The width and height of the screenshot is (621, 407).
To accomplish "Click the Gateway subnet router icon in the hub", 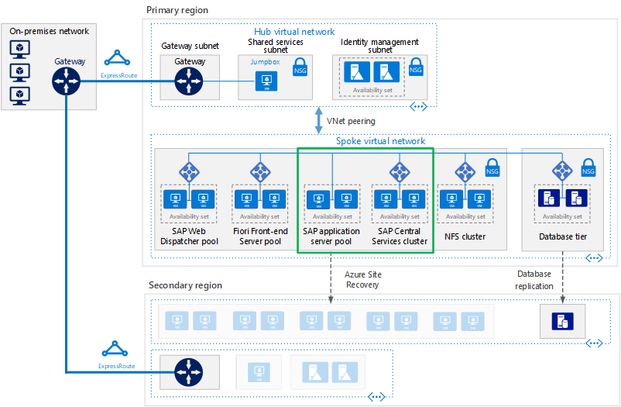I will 190,81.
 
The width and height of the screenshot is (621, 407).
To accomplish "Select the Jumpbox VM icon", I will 266,81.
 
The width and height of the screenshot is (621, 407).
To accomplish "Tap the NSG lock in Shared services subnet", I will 300,68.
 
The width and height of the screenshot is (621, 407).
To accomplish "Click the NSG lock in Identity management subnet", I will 416,68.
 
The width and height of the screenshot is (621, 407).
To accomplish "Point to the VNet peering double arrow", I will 319,121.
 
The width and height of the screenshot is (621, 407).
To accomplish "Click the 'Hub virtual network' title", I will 294,32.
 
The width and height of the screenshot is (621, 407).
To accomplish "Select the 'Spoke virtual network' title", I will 380,141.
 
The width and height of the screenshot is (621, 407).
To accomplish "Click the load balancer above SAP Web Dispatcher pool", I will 189,171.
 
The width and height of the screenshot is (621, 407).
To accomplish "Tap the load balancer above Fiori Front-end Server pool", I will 261,171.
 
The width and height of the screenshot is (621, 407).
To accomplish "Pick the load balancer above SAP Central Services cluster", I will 400,171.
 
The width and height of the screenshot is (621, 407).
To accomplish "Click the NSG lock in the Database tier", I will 588,169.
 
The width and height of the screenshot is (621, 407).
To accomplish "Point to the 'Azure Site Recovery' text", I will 362,280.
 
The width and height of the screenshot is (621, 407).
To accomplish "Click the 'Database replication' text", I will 534,280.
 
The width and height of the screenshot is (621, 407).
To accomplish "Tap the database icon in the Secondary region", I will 561,319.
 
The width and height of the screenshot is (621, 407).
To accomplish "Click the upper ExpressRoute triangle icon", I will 118,59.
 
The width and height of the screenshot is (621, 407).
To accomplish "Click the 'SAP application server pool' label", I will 331,236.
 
